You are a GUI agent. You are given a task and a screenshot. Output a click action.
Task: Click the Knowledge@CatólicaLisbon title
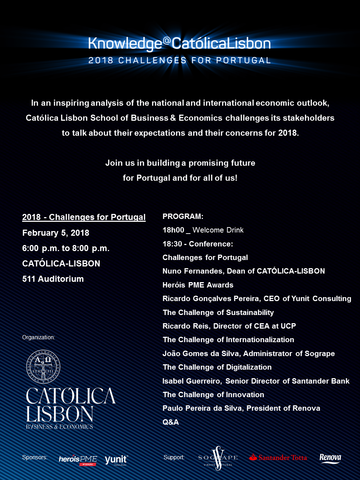179,44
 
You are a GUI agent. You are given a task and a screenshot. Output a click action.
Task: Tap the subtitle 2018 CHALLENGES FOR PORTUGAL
179,60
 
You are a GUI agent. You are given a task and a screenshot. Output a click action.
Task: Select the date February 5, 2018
56,233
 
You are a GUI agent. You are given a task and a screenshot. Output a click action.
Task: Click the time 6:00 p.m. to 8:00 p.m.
66,248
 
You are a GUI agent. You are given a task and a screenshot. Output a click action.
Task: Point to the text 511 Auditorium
53,279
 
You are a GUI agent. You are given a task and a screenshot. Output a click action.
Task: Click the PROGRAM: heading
183,216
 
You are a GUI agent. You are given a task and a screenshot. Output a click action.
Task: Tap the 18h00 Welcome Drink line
203,230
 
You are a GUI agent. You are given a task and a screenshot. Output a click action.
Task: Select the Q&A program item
171,422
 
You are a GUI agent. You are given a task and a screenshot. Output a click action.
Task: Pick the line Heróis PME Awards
198,285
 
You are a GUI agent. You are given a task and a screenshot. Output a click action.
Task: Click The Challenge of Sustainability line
218,312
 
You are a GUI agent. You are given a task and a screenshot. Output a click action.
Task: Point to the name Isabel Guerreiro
192,381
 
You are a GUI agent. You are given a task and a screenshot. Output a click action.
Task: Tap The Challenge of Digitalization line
217,367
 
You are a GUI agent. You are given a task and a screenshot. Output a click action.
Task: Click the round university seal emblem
43,366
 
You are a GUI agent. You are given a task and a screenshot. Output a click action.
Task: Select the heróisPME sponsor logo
78,460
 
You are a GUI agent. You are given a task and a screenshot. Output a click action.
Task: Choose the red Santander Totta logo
278,457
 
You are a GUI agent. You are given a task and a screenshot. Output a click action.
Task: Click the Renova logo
330,458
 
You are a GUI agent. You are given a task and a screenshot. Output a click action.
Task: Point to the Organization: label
39,337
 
